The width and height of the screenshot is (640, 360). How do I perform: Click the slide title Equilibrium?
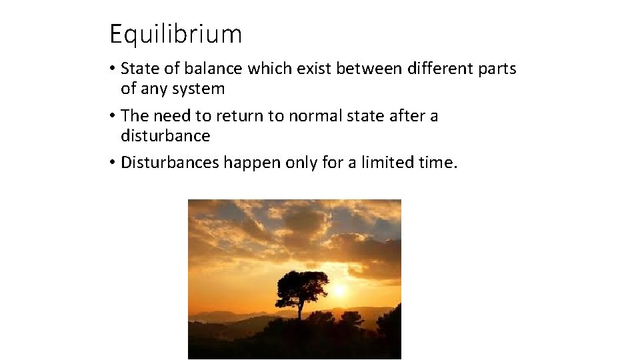[x=175, y=33]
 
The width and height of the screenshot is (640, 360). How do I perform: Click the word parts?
[x=497, y=69]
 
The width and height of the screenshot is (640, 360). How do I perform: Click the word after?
[x=408, y=116]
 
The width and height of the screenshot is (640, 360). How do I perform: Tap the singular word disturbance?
[x=165, y=136]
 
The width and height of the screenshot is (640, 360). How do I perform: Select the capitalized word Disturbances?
[x=170, y=163]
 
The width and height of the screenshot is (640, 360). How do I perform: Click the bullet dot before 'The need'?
[x=113, y=117]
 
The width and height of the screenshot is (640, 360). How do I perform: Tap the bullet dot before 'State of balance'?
[x=113, y=69]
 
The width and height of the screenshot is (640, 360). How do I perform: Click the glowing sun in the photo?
[x=339, y=291]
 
